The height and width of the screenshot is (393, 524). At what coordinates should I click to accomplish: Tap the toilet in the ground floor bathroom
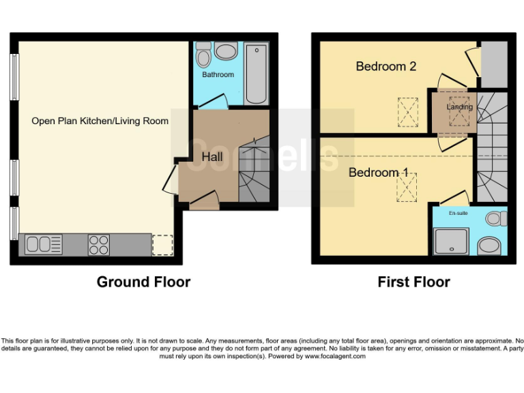[204, 53]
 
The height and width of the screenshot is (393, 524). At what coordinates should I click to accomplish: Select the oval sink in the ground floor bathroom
[226, 51]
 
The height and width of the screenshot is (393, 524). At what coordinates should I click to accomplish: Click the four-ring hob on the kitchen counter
[98, 244]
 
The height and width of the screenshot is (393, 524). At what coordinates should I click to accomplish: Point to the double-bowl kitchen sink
[42, 244]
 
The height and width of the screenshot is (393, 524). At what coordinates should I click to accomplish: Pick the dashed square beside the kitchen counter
[162, 244]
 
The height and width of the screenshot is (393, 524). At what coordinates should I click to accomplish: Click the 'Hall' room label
[212, 157]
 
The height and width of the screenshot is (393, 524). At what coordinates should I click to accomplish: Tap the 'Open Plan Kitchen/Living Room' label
[100, 121]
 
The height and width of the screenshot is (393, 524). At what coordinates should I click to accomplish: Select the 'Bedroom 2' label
[386, 66]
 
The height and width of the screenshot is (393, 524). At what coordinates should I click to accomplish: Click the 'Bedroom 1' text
[378, 173]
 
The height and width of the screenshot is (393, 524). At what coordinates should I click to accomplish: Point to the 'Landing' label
[459, 107]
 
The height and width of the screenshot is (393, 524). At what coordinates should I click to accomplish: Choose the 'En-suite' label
[458, 214]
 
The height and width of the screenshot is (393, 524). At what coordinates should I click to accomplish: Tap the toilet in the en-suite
[497, 218]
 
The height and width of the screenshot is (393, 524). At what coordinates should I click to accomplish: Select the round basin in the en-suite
[489, 245]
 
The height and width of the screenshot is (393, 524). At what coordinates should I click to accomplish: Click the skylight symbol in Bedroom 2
[408, 113]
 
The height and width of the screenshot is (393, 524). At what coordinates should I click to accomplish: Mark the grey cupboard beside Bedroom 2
[494, 64]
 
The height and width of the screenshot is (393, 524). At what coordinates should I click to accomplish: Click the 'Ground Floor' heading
[143, 282]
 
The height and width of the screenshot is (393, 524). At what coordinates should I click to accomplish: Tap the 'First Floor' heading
[413, 282]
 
